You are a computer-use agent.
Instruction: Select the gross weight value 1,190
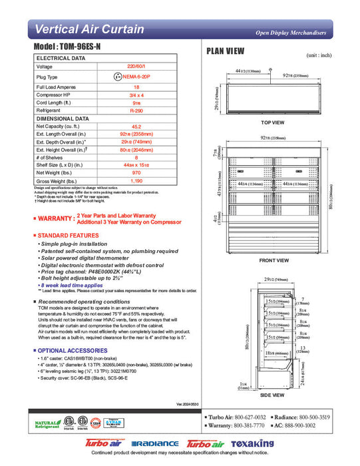click(136, 181)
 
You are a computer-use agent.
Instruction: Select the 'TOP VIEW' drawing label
click(273, 123)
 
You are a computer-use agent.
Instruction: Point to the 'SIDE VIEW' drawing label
click(273, 395)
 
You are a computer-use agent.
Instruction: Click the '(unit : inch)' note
click(319, 55)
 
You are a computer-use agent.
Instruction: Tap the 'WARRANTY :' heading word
click(55, 218)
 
